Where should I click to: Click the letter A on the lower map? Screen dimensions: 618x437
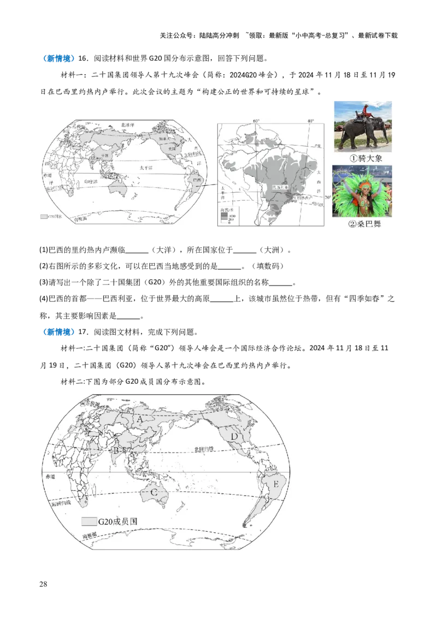tap(140, 419)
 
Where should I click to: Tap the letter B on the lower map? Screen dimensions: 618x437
tap(116, 451)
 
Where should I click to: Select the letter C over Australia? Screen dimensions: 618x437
tap(155, 493)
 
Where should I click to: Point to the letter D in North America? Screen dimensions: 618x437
tap(234, 436)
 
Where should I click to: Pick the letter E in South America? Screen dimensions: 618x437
tap(276, 484)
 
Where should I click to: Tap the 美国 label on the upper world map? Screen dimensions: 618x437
tap(178, 147)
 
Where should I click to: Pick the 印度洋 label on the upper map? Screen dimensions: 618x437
tap(90, 181)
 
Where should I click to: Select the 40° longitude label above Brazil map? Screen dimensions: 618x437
tap(310, 121)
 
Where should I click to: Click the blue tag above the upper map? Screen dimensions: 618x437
tap(58, 59)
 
